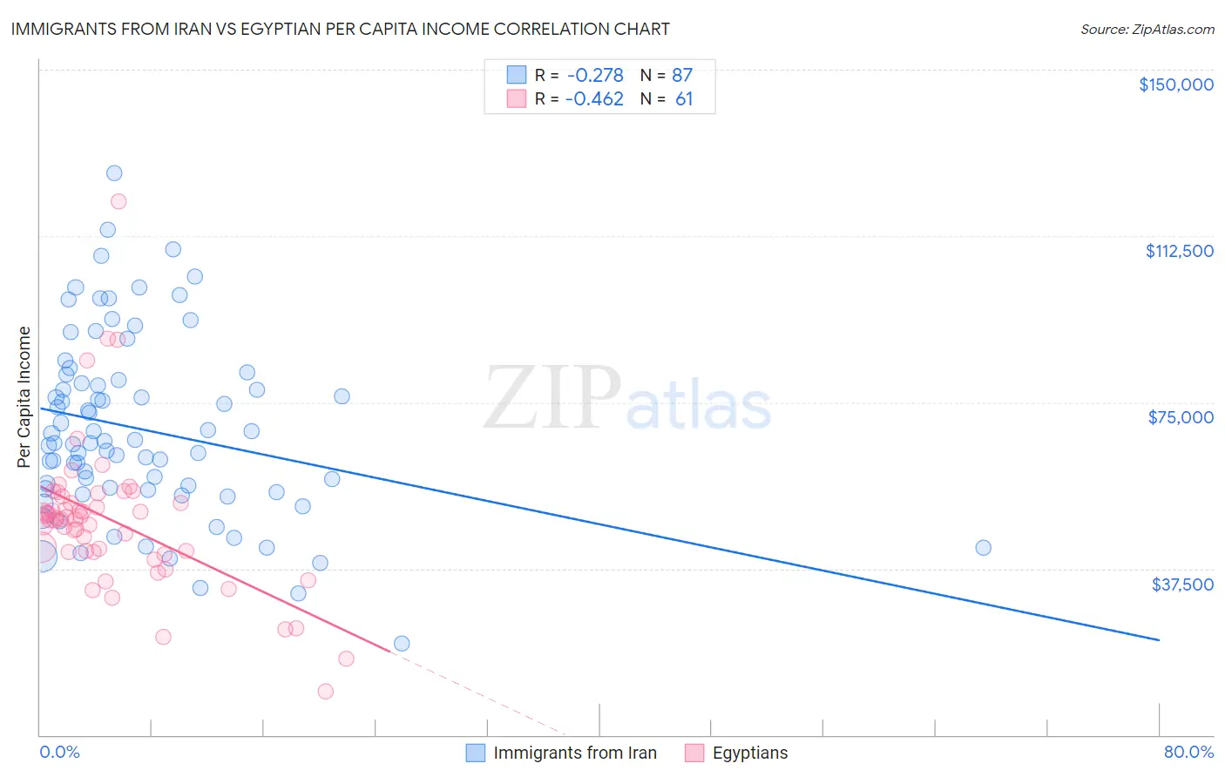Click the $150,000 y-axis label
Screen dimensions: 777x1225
tap(1175, 84)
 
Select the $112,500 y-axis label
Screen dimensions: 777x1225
tap(1179, 251)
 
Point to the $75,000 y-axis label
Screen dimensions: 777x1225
tap(1181, 417)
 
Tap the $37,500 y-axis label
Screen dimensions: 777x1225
tap(1181, 584)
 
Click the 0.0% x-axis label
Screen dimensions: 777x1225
tap(59, 752)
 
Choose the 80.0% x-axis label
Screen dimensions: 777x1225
tap(1188, 752)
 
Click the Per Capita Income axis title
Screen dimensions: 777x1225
tap(24, 397)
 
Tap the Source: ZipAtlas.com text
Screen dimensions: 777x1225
tap(1147, 30)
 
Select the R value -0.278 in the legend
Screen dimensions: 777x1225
tap(595, 76)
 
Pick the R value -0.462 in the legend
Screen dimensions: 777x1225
tap(595, 99)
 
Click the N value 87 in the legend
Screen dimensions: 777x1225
tap(682, 76)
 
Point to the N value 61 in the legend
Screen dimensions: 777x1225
tap(684, 99)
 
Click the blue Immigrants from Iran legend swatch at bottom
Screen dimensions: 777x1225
tap(475, 753)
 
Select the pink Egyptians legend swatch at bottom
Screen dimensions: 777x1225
tap(694, 753)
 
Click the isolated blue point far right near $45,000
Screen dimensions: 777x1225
tap(983, 548)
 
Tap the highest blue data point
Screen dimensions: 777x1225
tap(114, 173)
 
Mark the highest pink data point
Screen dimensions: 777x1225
tap(118, 201)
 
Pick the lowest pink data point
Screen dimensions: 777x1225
tap(325, 692)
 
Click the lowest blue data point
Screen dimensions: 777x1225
tap(402, 644)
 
